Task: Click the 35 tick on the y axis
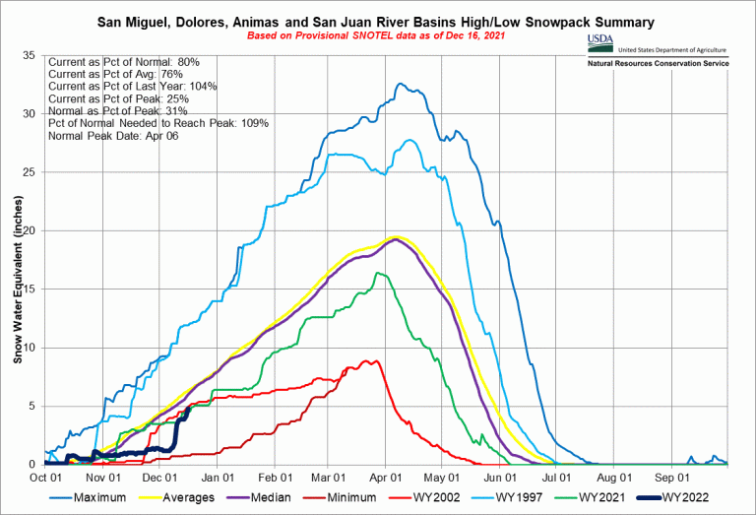click(x=29, y=56)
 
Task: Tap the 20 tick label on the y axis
click(x=29, y=230)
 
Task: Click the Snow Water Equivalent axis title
click(x=17, y=293)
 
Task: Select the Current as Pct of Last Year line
click(x=132, y=86)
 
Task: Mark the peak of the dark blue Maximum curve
click(x=400, y=84)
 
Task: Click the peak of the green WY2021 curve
click(x=376, y=273)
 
